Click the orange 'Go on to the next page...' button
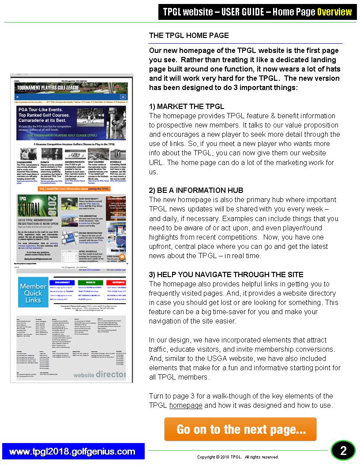(240, 429)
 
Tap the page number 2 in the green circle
(343, 451)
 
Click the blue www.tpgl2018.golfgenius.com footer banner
(72, 451)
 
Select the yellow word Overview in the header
(334, 12)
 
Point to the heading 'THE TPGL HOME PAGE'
(189, 35)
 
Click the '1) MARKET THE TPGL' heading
(187, 106)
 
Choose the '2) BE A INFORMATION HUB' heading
(196, 190)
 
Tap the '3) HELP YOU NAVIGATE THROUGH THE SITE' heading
(226, 274)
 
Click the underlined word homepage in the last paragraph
(186, 405)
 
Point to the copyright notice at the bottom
(238, 457)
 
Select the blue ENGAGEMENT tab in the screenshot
(64, 282)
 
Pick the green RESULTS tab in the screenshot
(91, 282)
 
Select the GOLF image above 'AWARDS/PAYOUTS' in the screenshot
(75, 154)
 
